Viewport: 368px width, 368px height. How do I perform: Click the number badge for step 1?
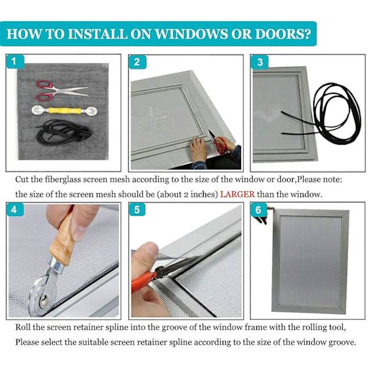click(15, 61)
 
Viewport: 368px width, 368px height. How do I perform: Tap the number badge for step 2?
click(137, 62)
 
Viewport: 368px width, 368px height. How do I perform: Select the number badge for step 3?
click(260, 62)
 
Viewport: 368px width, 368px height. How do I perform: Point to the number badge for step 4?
click(15, 210)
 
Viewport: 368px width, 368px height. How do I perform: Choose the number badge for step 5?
click(137, 210)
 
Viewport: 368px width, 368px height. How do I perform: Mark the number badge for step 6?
click(259, 210)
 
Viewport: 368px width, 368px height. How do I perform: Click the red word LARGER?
click(237, 194)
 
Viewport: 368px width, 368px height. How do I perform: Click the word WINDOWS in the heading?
click(191, 34)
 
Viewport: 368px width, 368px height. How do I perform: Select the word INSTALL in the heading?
click(98, 34)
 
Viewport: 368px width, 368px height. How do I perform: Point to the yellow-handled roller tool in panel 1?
click(64, 110)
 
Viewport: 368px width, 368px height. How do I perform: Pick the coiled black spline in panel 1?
click(64, 132)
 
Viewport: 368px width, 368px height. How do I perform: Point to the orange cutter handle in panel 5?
click(142, 281)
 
